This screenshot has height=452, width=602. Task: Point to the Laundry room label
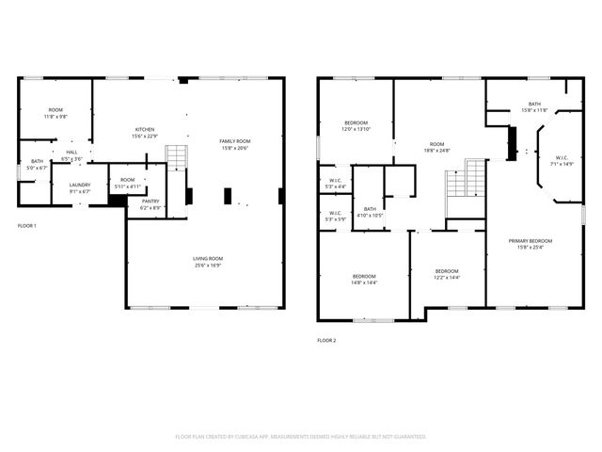click(x=79, y=187)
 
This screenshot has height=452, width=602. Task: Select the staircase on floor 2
click(x=467, y=178)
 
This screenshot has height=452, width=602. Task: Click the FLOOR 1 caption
click(x=27, y=226)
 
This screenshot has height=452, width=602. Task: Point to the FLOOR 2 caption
click(x=326, y=340)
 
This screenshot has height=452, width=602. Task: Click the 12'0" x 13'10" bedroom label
click(x=356, y=125)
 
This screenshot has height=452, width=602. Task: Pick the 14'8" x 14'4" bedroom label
click(x=364, y=279)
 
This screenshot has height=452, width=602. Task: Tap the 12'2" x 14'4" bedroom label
click(x=447, y=273)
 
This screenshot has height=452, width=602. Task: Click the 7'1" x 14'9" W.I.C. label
click(x=561, y=161)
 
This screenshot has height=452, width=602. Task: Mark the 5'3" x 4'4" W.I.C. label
click(x=335, y=183)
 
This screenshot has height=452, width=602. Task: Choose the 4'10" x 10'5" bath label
click(x=370, y=212)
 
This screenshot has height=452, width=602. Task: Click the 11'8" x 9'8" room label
click(x=55, y=113)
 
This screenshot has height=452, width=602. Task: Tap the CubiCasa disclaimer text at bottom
click(x=301, y=436)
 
